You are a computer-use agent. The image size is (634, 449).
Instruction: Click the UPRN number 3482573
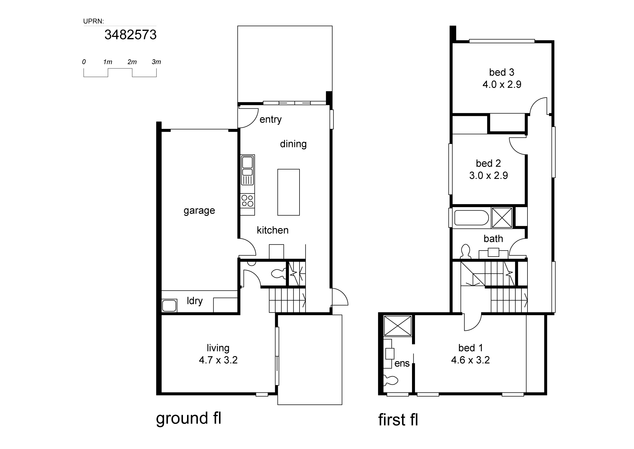click(130, 35)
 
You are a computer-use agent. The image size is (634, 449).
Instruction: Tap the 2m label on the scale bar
click(132, 62)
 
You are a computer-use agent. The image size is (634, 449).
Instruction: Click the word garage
click(199, 211)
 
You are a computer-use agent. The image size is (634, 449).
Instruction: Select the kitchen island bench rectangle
click(289, 192)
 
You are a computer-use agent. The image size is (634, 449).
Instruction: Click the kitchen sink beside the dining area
click(247, 170)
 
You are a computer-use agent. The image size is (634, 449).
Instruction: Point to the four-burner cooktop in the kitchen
click(247, 201)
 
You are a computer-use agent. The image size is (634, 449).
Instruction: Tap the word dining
click(293, 144)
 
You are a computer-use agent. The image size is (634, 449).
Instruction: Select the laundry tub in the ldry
click(169, 305)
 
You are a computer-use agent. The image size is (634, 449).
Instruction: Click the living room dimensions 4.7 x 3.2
click(218, 360)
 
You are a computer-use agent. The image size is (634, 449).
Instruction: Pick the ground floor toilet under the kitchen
click(279, 273)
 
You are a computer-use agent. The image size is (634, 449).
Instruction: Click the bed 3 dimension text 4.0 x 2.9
click(502, 84)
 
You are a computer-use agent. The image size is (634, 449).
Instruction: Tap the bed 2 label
click(488, 163)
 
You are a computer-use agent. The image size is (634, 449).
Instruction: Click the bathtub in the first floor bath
click(472, 218)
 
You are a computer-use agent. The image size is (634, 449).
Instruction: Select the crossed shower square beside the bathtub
click(502, 218)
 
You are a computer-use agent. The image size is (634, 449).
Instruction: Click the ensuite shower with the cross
click(398, 326)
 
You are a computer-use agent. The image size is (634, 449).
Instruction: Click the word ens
click(402, 363)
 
